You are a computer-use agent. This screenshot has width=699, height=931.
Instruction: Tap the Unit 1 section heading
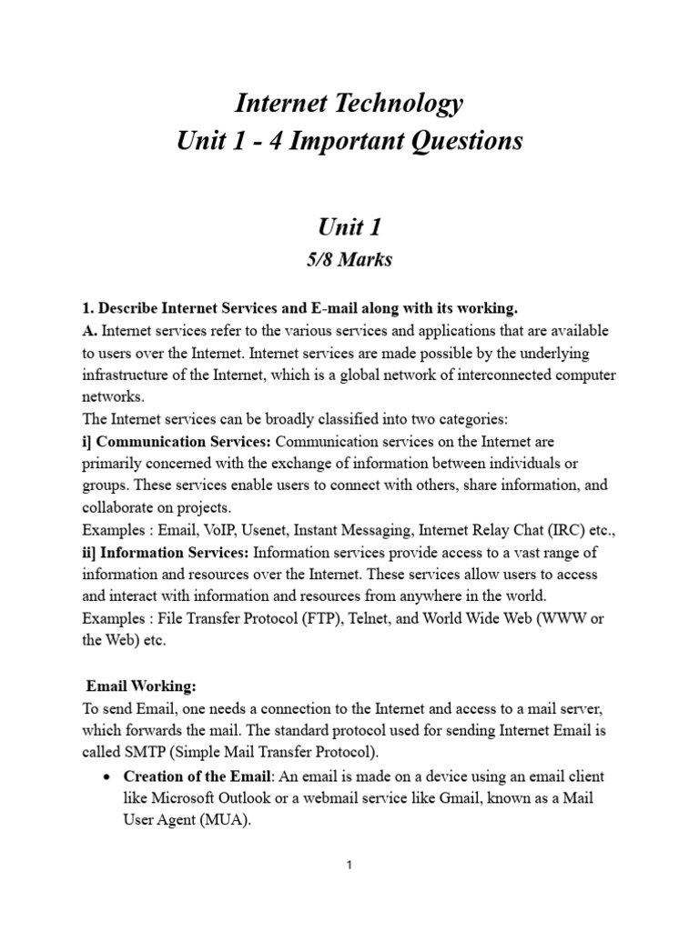pyautogui.click(x=349, y=226)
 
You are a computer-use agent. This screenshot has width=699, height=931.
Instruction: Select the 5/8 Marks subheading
pyautogui.click(x=349, y=259)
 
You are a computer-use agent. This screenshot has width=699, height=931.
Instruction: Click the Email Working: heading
pyautogui.click(x=142, y=686)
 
